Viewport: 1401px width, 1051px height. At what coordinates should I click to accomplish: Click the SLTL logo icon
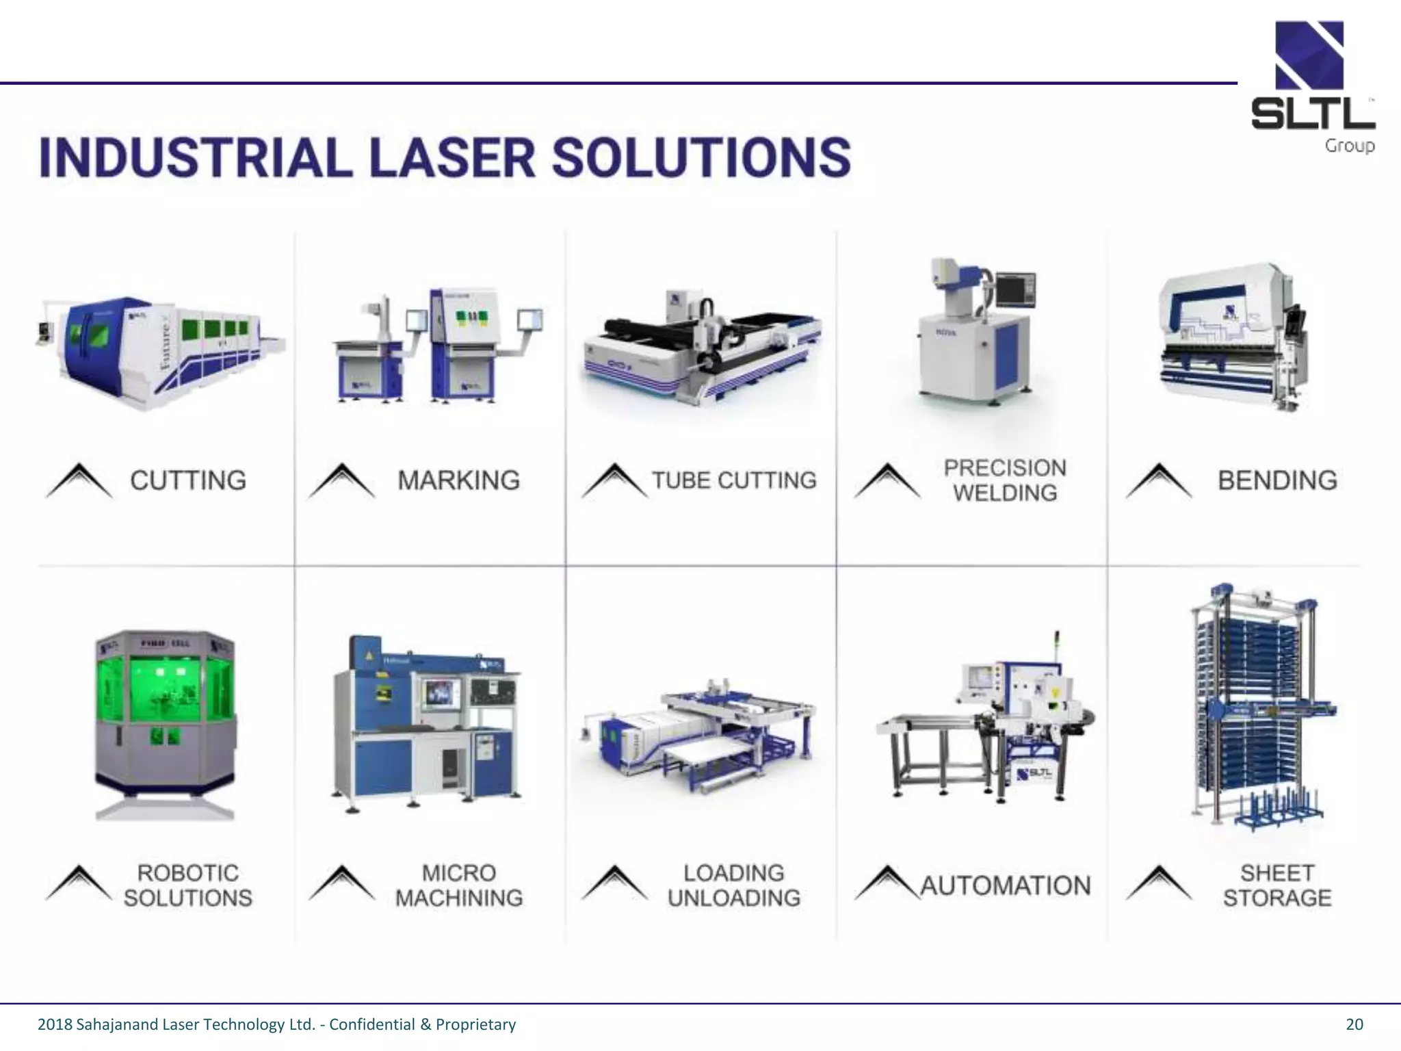tap(1309, 55)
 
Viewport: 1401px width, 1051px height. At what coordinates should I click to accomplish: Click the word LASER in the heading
tap(451, 157)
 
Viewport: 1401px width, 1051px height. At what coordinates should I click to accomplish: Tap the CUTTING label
tap(188, 480)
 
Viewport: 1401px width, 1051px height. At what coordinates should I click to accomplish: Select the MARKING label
tap(458, 480)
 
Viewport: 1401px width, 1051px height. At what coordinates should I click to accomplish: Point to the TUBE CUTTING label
tap(734, 480)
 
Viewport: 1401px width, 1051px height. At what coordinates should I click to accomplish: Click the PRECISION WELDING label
tap(1005, 480)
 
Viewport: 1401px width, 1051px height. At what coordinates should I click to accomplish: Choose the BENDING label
tap(1277, 480)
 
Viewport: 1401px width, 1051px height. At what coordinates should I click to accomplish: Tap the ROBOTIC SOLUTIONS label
tap(188, 885)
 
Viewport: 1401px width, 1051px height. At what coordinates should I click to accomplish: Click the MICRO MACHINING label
tap(458, 885)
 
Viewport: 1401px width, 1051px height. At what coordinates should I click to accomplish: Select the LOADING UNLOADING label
tap(734, 885)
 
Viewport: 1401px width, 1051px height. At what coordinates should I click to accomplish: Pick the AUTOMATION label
tap(1005, 885)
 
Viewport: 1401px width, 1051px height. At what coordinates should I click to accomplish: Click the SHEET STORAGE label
tap(1277, 885)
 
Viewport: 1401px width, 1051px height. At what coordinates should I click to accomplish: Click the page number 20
tap(1354, 1024)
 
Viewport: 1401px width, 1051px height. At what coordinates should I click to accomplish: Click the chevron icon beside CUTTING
tap(79, 480)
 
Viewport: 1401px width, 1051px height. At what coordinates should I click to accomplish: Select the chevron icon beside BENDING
tap(1158, 480)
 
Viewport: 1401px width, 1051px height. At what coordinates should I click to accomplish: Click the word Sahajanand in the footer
tap(116, 1024)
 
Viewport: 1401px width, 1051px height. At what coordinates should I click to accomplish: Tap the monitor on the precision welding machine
tap(1016, 289)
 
